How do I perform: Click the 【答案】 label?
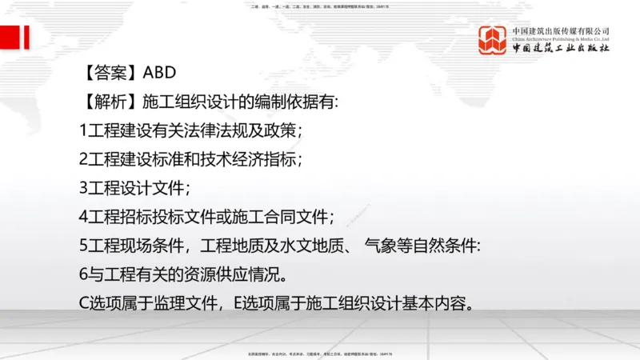[x=109, y=73]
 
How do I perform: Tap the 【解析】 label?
[x=109, y=102]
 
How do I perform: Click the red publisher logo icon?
[x=493, y=41]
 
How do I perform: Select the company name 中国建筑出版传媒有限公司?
[x=561, y=30]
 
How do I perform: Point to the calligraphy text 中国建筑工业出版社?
[x=561, y=49]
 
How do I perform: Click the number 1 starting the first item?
[x=83, y=130]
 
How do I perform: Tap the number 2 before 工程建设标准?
[x=83, y=159]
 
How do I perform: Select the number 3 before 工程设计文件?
[x=83, y=188]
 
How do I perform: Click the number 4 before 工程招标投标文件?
[x=83, y=217]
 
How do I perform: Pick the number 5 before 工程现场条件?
[x=83, y=246]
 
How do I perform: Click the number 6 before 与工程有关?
[x=83, y=274]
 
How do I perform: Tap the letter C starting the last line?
[x=84, y=303]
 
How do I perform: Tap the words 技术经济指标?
[x=256, y=159]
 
